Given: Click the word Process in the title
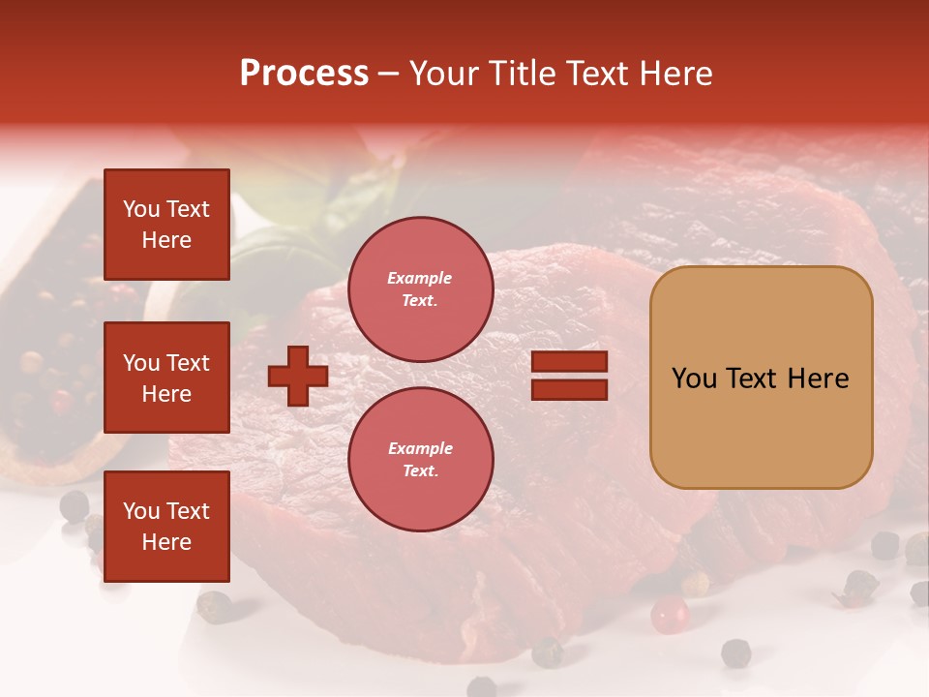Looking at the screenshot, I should [x=304, y=74].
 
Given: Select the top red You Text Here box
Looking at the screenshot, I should [x=166, y=225].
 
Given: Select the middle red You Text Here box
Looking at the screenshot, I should [x=166, y=378].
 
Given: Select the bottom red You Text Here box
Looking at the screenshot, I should [x=166, y=526].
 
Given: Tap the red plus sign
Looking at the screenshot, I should [x=298, y=376].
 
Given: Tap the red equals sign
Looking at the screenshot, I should [x=569, y=376].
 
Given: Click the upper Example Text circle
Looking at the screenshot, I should [x=420, y=289].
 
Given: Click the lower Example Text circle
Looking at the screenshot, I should [x=420, y=460].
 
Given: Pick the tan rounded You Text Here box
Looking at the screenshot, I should [x=761, y=378].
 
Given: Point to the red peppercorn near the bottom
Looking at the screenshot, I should [x=669, y=614].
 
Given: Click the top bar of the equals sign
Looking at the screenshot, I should [x=569, y=362].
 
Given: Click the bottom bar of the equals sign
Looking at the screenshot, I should [x=569, y=389].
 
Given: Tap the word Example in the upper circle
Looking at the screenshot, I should [x=420, y=278].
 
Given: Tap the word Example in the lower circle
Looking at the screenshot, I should [x=420, y=448].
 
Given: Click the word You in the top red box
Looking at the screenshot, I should [x=141, y=209].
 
